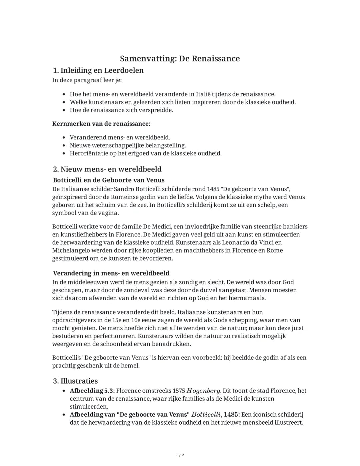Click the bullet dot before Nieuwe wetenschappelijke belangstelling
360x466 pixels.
pyautogui.click(x=64, y=145)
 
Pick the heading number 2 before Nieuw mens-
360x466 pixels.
pyautogui.click(x=56, y=169)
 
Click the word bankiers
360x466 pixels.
pyautogui.click(x=295, y=226)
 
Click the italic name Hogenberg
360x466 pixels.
pyautogui.click(x=203, y=391)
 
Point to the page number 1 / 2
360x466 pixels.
pyautogui.click(x=180, y=455)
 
